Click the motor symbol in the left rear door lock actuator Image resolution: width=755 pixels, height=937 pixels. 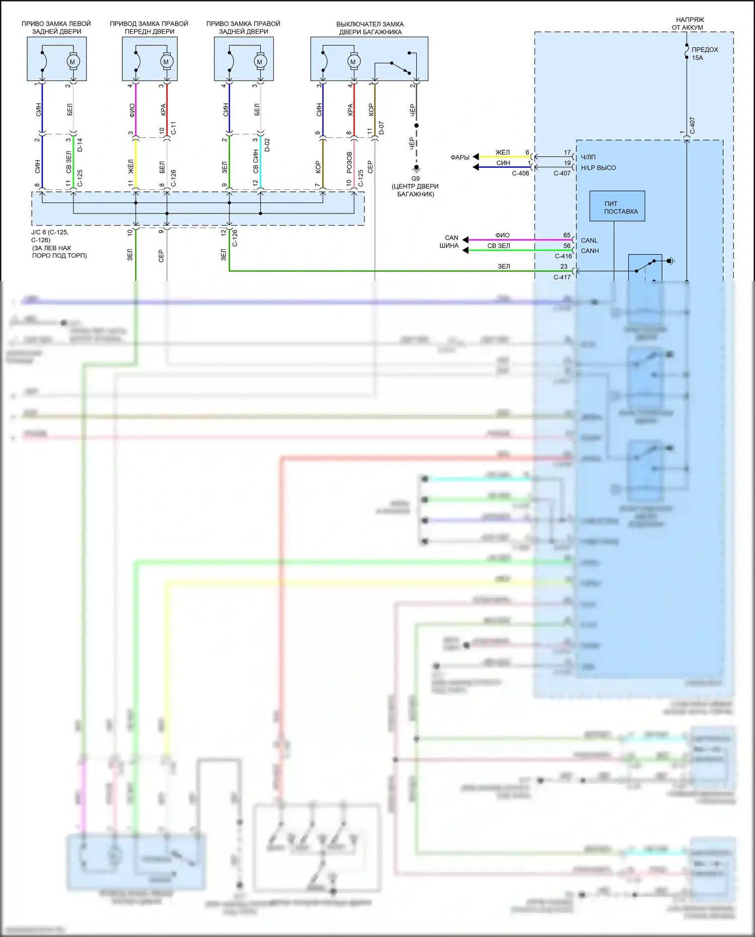(72, 62)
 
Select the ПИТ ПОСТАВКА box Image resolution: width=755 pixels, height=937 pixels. (617, 206)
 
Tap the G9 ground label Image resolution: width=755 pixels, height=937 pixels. (415, 179)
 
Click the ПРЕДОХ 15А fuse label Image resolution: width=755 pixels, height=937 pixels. (704, 53)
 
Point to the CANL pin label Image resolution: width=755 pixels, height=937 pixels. (589, 241)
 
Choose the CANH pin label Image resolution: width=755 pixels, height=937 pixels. (590, 251)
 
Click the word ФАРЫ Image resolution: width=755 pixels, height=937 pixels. (460, 158)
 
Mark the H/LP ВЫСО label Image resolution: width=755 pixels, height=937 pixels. (598, 168)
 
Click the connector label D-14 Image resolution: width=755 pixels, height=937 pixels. (80, 145)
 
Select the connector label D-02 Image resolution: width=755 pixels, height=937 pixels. (267, 145)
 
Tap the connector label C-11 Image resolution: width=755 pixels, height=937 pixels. (174, 128)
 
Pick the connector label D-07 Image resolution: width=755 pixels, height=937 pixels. (381, 128)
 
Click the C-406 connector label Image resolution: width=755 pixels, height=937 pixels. (520, 173)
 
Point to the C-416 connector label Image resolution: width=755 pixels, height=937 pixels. (563, 256)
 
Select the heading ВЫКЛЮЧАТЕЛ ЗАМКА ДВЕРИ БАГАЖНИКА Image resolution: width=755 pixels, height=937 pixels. (370, 28)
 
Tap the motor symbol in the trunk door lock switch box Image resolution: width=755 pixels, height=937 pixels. (353, 62)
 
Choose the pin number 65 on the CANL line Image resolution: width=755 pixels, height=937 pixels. (567, 235)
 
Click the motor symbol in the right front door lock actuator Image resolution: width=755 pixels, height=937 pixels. (166, 62)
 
